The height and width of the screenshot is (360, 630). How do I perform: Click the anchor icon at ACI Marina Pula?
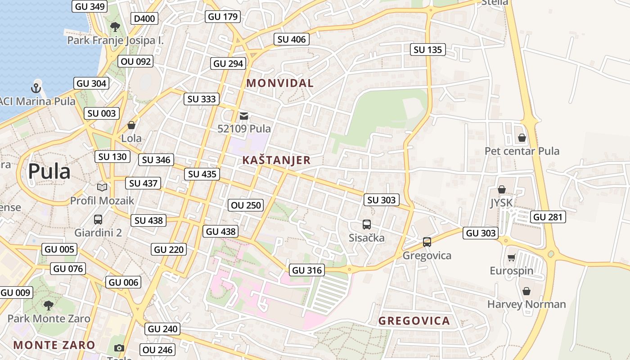36,88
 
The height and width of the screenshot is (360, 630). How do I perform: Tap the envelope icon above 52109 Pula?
244,116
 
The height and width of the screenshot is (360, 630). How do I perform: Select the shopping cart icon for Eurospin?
511,258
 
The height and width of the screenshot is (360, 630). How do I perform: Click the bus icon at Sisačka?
367,224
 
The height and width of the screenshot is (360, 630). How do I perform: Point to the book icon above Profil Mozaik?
102,187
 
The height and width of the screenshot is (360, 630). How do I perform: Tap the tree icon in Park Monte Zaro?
49,306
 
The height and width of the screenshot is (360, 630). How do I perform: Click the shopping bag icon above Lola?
131,125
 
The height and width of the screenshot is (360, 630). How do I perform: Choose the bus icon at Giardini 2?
98,220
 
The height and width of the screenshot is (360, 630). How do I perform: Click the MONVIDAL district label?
280,83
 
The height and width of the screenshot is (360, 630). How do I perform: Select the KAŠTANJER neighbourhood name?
276,160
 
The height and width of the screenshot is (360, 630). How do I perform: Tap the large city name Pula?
49,171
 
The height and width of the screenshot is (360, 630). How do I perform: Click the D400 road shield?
144,18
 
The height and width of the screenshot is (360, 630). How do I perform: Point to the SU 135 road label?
427,49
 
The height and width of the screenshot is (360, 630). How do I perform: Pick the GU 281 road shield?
548,217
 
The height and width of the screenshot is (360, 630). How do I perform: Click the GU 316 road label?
307,270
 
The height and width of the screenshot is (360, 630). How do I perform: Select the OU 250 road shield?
246,205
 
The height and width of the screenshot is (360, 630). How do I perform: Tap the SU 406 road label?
292,39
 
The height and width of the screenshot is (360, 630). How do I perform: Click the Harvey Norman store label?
526,304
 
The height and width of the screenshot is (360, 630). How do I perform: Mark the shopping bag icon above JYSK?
502,190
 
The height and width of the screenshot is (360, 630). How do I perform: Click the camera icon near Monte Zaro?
119,348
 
